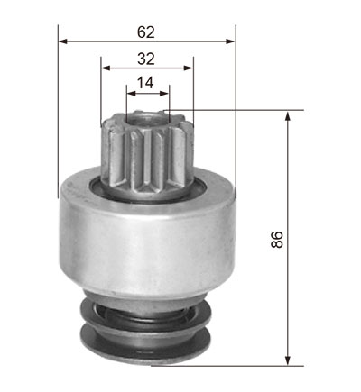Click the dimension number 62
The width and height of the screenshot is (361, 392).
pyautogui.click(x=146, y=32)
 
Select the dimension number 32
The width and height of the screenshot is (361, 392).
pyautogui.click(x=146, y=59)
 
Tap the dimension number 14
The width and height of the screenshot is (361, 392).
pyautogui.click(x=145, y=83)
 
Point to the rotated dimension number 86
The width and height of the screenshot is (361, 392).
pyautogui.click(x=277, y=239)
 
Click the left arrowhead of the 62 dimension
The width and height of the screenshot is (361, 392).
pyautogui.click(x=62, y=41)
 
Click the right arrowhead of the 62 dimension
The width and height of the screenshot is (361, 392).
pyautogui.click(x=230, y=41)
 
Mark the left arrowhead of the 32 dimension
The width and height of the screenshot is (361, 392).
pyautogui.click(x=106, y=68)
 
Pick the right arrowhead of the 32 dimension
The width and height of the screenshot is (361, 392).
pyautogui.click(x=189, y=68)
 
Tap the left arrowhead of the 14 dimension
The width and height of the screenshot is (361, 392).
pyautogui.click(x=132, y=94)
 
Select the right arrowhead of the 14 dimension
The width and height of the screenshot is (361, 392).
pyautogui.click(x=164, y=94)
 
